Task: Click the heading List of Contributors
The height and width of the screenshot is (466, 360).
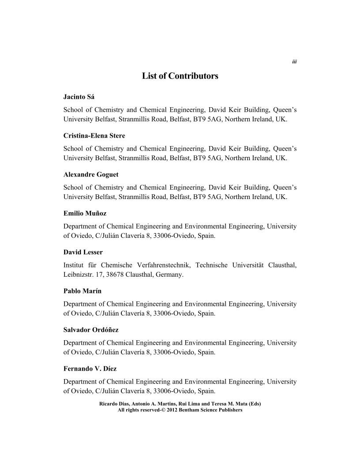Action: pyautogui.click(x=180, y=76)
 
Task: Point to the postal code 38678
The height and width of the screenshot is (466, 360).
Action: pyautogui.click(x=112, y=275)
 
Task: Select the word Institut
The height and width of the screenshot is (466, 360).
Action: pyautogui.click(x=73, y=265)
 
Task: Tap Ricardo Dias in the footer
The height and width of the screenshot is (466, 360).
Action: pyautogui.click(x=112, y=403)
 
